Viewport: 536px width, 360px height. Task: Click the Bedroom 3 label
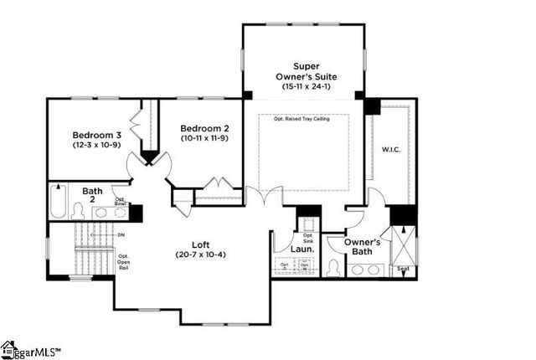coord(96,135)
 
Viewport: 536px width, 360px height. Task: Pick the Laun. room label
coord(301,249)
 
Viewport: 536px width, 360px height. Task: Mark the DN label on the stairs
coord(121,235)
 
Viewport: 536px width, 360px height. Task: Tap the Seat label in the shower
coord(403,270)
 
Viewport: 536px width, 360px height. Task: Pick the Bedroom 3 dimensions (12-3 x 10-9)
coord(96,146)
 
